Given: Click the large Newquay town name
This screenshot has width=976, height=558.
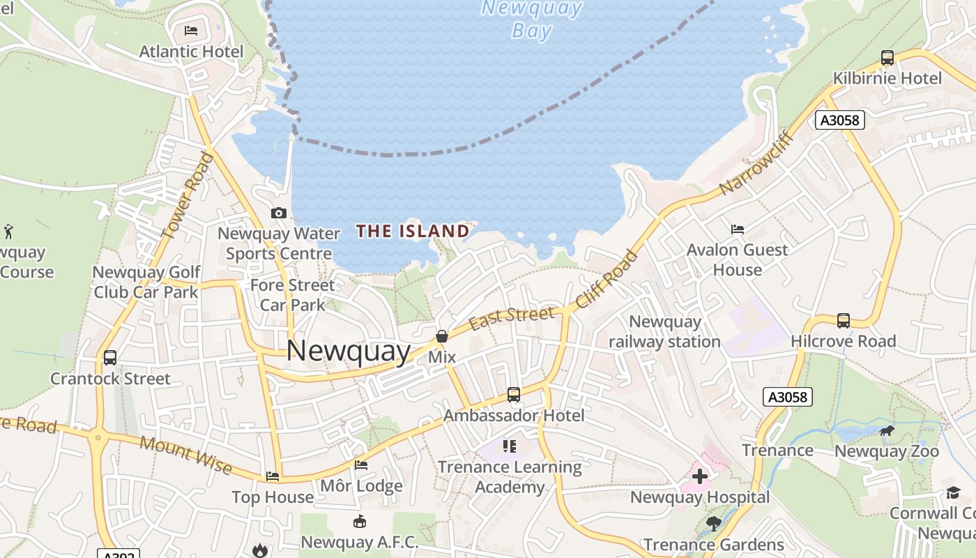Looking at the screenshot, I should pos(348,351).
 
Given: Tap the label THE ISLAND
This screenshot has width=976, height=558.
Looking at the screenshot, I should pos(413,231).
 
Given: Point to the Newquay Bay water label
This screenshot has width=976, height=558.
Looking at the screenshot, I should pos(532,20).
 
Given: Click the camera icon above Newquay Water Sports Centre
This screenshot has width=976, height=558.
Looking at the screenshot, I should pos(278,213).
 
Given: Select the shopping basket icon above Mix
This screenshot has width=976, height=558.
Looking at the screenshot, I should pos(441,337).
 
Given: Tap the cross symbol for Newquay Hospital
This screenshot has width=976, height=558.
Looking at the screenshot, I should pos(700,476).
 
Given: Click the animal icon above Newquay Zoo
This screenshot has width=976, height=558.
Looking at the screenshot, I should pos(887,432).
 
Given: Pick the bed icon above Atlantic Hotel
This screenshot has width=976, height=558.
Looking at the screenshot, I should pos(191,31).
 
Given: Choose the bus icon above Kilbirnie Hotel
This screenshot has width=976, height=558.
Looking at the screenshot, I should pos(887,58).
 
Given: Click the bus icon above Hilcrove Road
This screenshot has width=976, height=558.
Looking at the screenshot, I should pos(843,321).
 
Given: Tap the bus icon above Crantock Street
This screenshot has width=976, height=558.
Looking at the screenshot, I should pos(109,358).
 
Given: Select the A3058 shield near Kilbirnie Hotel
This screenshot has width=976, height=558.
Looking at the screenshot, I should pos(840,120).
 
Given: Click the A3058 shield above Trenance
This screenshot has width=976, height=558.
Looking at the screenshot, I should pos(788,397).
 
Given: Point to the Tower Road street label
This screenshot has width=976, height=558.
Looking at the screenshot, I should pos(186,196).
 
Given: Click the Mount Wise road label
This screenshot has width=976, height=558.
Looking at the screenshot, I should pos(185,454).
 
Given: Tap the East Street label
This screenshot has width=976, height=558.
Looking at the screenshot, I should pos(512,317).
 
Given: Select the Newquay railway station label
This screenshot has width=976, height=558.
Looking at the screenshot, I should pos(664,331).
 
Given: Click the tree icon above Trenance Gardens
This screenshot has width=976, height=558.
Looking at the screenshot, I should pos(713,523).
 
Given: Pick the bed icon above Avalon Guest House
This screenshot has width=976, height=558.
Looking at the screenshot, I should pos(737,229).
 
